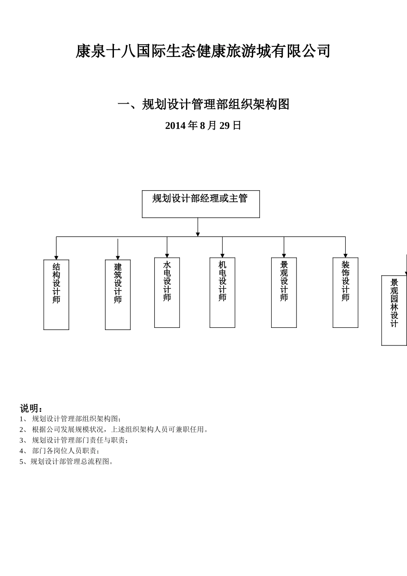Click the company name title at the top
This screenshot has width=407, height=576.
[x=203, y=51]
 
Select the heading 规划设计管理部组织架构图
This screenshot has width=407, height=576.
[x=203, y=104]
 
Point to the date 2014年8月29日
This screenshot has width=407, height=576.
[x=203, y=126]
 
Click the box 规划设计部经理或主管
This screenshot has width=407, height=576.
[x=201, y=204]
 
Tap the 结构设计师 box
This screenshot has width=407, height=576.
[x=56, y=294]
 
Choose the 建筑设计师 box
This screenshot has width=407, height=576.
[x=118, y=294]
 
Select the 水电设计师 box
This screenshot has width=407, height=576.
[x=167, y=292]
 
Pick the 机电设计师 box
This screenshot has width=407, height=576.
[x=222, y=292]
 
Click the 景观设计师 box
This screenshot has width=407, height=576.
[x=284, y=292]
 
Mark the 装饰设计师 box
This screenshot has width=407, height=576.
[x=345, y=292]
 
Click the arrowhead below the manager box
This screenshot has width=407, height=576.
[x=198, y=234]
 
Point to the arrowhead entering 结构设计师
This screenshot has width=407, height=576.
[x=56, y=258]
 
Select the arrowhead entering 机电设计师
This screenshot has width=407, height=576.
[x=222, y=255]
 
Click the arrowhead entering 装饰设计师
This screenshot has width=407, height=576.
[x=345, y=255]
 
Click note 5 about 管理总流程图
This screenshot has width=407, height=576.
[x=67, y=462]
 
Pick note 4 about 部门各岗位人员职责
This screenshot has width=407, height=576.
[x=60, y=451]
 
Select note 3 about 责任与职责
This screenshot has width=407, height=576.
[x=75, y=440]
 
